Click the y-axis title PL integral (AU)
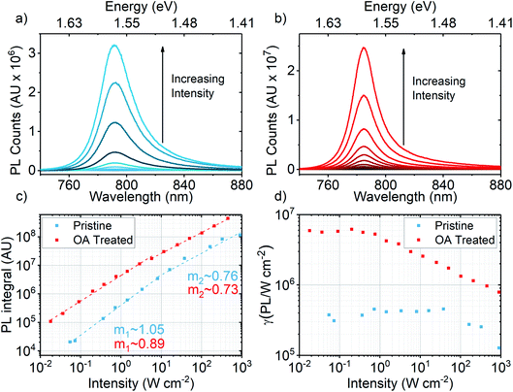(x=12, y=285)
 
